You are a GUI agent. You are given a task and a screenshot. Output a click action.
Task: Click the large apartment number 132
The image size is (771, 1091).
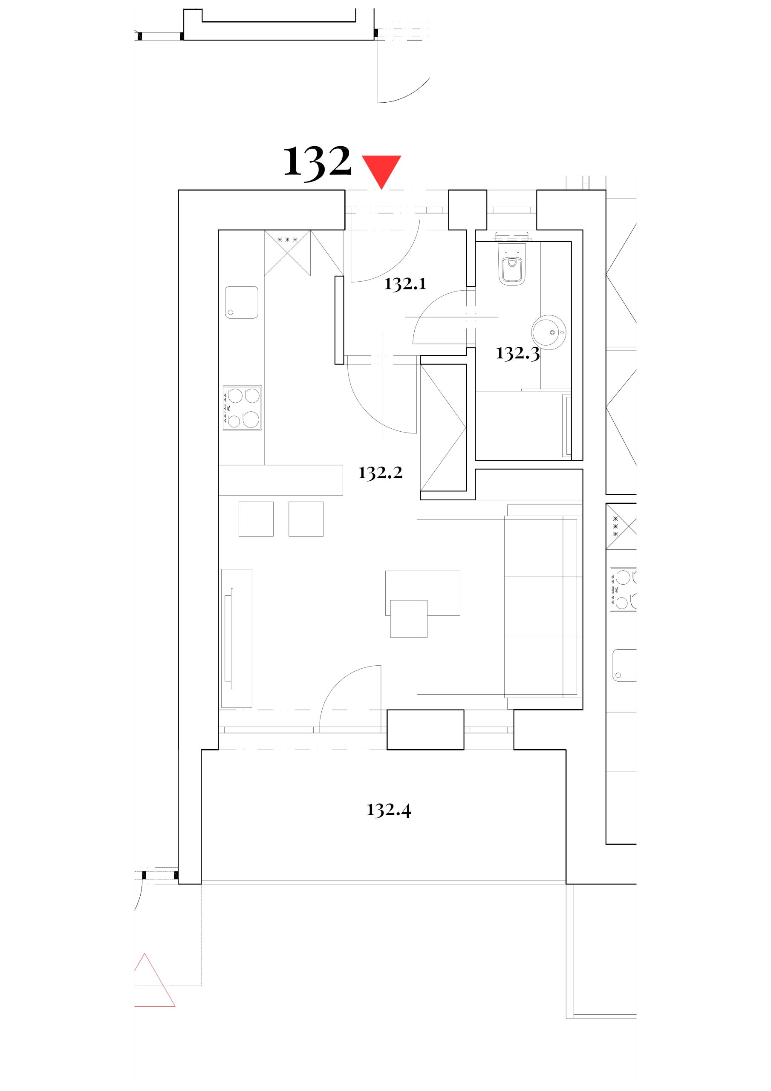317,163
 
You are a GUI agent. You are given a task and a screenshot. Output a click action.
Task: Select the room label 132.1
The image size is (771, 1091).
405,284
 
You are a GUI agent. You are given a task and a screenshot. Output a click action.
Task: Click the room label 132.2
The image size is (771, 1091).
380,473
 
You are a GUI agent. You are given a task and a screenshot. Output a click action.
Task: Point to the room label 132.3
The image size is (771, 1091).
518,353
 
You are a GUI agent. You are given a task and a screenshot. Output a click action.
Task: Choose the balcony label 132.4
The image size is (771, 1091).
389,810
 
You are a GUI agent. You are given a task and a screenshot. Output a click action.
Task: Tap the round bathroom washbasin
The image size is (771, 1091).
549,332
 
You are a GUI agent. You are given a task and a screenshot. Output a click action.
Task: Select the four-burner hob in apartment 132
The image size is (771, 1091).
242,408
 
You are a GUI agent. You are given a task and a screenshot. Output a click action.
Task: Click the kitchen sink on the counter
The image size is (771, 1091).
242,302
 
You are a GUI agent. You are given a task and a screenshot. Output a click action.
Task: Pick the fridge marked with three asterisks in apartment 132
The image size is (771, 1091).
287,253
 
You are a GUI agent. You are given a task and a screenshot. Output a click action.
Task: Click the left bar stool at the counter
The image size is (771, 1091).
256,519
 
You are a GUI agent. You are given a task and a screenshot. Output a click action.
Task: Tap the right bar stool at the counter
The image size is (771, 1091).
306,519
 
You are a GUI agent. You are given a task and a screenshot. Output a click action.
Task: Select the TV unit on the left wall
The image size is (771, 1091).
237,638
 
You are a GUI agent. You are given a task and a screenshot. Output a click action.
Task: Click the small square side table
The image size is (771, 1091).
409,618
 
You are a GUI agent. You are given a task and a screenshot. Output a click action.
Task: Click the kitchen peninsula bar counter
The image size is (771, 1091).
280,480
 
